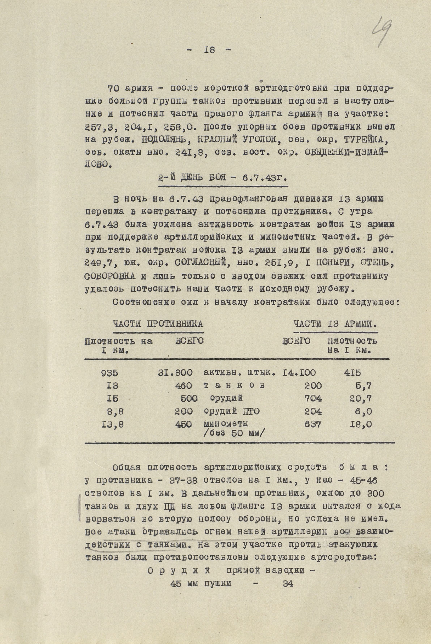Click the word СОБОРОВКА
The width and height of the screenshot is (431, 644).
tap(110, 276)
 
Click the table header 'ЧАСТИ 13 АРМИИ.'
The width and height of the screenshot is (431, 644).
tap(335, 324)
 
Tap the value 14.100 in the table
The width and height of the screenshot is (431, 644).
tap(299, 373)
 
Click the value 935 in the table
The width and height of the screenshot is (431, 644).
tap(110, 373)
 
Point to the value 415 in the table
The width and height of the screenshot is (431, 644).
tap(352, 373)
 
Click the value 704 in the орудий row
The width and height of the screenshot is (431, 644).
tap(313, 398)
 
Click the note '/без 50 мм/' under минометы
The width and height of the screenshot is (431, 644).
tap(234, 433)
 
